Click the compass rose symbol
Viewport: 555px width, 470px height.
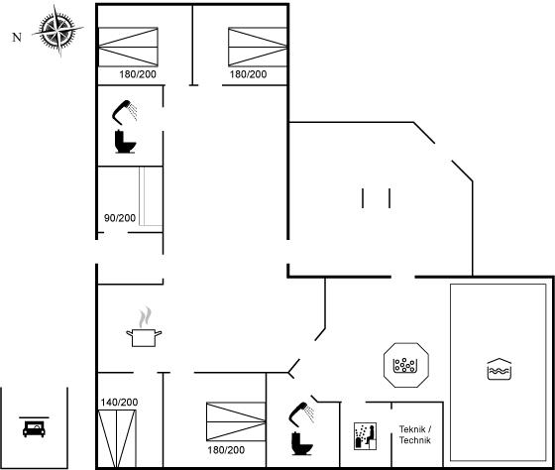(57, 31)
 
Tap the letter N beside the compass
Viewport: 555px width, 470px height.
(17, 38)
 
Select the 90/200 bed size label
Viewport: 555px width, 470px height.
(120, 218)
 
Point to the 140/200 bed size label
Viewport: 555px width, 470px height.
(119, 402)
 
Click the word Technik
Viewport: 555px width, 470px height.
(415, 440)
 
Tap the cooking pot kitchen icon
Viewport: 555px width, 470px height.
(144, 337)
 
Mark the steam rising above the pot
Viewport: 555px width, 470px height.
(145, 317)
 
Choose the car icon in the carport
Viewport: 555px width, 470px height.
(34, 427)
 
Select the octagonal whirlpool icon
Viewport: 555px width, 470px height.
(406, 365)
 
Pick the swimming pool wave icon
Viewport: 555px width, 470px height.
(499, 369)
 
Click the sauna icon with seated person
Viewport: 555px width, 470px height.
(365, 436)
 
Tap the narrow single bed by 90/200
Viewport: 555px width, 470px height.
(151, 196)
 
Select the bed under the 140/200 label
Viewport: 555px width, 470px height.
(117, 439)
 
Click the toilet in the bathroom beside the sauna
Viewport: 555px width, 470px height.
(302, 443)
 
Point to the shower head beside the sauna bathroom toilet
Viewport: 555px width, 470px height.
(301, 412)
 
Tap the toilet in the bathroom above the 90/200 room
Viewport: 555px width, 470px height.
(125, 142)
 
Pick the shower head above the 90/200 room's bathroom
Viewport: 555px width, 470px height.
(125, 112)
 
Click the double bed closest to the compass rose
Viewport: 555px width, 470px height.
(128, 47)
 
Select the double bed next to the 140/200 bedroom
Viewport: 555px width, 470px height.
(236, 421)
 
